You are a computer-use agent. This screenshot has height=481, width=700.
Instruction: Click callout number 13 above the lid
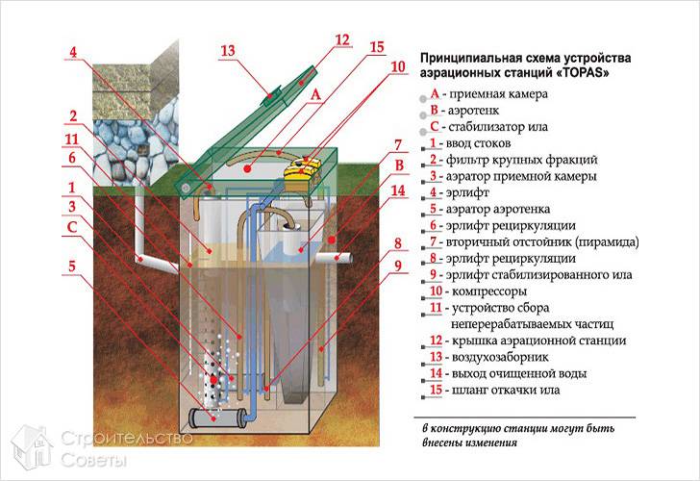point(228,50)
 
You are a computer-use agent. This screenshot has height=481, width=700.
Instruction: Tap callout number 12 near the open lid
point(343,40)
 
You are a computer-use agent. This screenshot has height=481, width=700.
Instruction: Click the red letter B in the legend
point(435,111)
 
